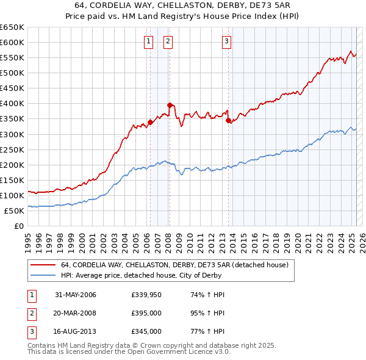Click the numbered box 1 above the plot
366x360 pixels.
(148, 41)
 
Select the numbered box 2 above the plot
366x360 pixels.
(168, 41)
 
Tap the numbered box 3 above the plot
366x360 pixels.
(226, 41)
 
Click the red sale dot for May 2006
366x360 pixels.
(150, 121)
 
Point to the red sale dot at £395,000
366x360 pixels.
(170, 104)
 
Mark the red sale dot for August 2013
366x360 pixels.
(228, 120)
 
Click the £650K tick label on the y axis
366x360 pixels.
(12, 27)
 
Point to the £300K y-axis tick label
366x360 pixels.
(12, 134)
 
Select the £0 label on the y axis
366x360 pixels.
(18, 226)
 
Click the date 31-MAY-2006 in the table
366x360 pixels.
(76, 295)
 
